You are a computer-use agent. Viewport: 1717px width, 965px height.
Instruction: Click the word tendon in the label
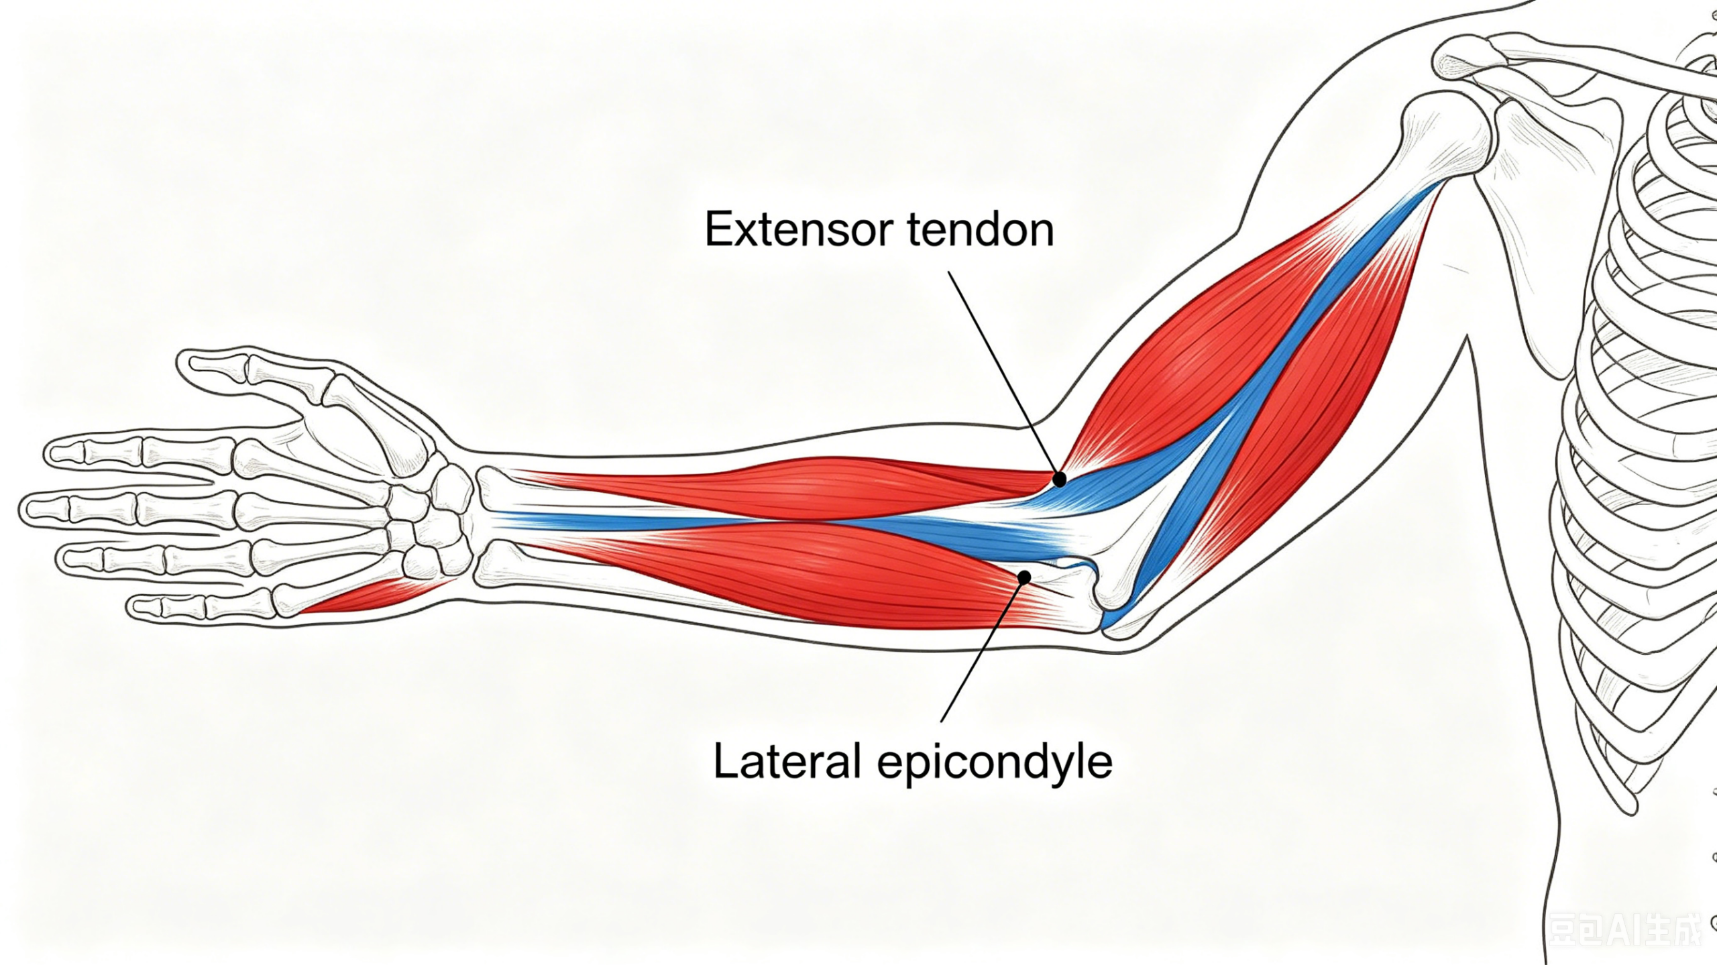(x=981, y=229)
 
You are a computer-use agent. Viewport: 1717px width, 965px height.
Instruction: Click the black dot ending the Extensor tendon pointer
(x=1059, y=479)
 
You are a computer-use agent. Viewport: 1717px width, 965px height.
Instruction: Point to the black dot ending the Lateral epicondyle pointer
(x=1024, y=577)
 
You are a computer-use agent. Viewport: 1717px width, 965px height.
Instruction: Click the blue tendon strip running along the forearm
(x=771, y=526)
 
